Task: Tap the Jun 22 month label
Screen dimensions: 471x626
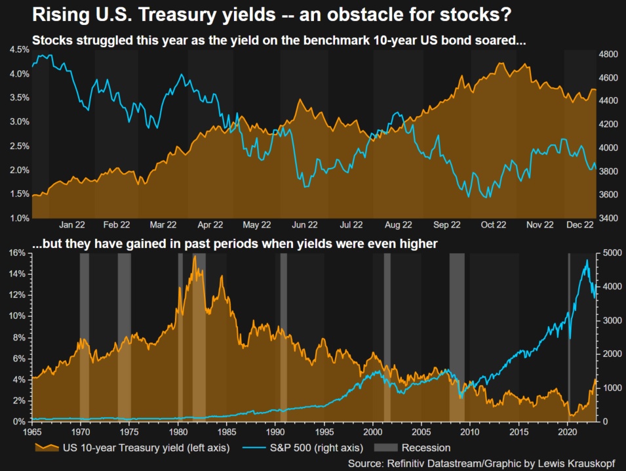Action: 304,225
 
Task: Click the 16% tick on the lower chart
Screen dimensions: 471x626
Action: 16,253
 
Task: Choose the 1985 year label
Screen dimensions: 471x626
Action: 226,433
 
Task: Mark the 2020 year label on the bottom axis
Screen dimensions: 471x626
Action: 567,433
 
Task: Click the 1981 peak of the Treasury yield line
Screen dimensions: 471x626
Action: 194,256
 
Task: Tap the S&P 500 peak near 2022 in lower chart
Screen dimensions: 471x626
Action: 587,260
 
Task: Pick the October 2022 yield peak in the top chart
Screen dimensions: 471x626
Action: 501,64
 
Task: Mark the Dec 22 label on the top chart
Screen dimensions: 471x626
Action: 580,225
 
